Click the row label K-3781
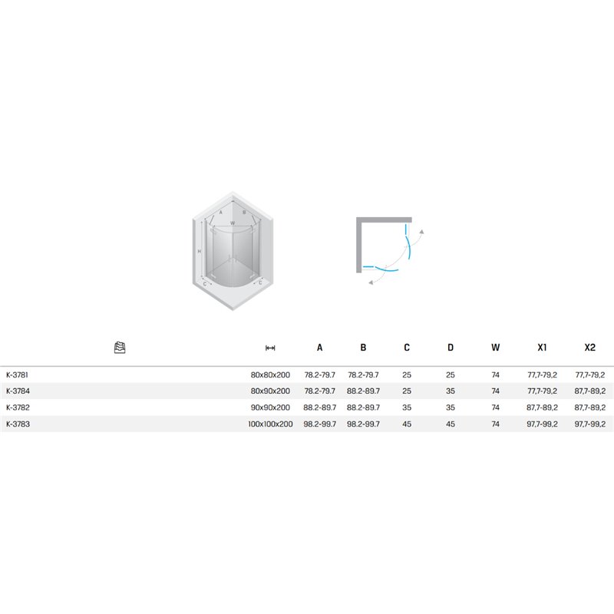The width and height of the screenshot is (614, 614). tap(17, 375)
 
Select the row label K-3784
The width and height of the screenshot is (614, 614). tap(18, 391)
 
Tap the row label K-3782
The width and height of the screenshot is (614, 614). tap(18, 408)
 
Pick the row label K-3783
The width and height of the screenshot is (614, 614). tap(18, 424)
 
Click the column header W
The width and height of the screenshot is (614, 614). tap(495, 348)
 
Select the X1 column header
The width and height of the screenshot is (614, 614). tap(542, 348)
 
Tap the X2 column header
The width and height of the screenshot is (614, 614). tap(589, 348)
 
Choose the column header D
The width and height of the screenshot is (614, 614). tap(451, 348)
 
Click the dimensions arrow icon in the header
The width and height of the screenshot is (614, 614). tap(270, 348)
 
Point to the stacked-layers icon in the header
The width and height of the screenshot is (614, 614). tap(120, 348)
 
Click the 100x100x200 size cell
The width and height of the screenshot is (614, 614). tap(270, 424)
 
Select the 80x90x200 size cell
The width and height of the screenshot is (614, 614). tap(270, 391)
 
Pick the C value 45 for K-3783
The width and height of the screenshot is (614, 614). tap(407, 424)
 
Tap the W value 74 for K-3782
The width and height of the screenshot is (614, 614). tap(495, 408)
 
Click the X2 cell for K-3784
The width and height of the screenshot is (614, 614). tap(589, 391)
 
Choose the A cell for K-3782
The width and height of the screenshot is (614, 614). tap(319, 408)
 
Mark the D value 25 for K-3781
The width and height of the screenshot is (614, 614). tap(451, 375)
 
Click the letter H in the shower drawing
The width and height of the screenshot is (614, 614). tap(200, 251)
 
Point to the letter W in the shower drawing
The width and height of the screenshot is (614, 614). tap(233, 223)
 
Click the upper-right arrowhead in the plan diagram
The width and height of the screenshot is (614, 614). tap(421, 232)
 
